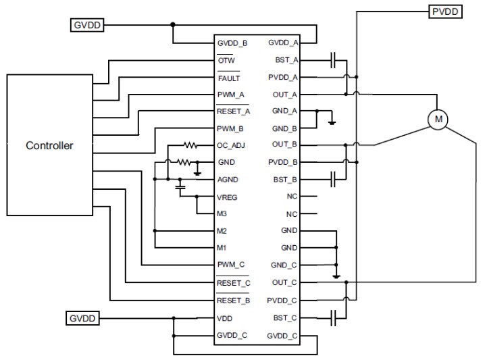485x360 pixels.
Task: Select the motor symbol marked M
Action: [438, 120]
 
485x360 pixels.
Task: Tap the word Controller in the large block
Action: [49, 145]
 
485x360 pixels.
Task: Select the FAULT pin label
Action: [228, 78]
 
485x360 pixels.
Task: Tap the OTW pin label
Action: [226, 60]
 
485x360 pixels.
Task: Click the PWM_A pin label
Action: [230, 95]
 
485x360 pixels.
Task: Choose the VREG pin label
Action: [228, 197]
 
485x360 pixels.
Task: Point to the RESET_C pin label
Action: [234, 283]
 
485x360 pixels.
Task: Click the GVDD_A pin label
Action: [282, 43]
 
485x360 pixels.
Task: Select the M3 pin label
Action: [222, 214]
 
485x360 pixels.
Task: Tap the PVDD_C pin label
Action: [282, 300]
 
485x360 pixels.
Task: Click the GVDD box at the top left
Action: [86, 26]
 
